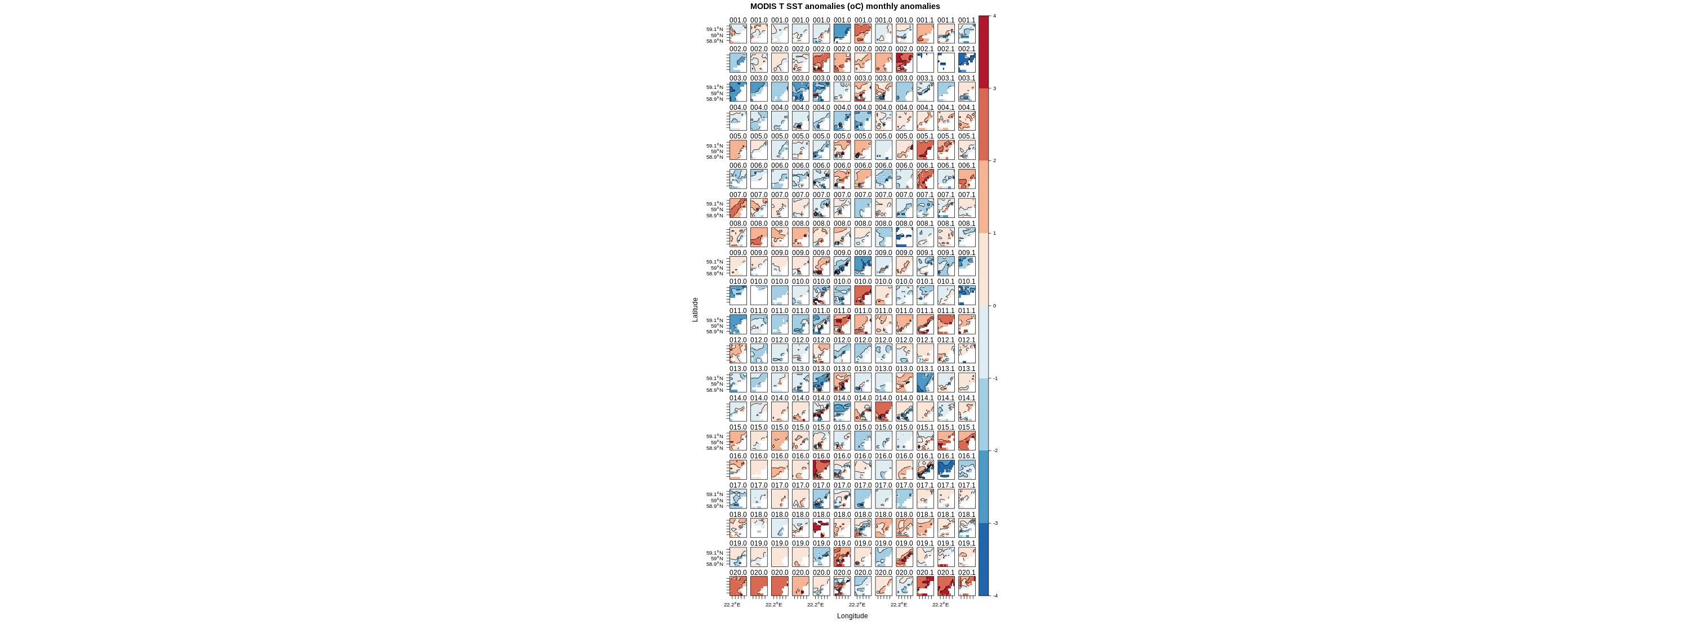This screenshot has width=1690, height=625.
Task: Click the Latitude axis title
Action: (695, 310)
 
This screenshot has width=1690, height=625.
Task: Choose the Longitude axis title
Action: (852, 616)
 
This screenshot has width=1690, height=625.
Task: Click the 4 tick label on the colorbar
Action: (995, 16)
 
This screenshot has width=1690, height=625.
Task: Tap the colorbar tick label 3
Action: (995, 88)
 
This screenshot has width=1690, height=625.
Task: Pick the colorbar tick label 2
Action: (995, 160)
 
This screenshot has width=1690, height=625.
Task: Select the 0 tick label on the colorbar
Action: (995, 306)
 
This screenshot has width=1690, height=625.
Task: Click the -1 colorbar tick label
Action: (995, 378)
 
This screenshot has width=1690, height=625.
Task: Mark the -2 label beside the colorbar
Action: (995, 450)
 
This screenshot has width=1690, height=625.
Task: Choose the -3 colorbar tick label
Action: (995, 523)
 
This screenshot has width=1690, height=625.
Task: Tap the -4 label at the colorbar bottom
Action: (995, 596)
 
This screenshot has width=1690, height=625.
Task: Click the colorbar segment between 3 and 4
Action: (984, 52)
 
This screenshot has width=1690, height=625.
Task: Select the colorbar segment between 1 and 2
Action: (984, 197)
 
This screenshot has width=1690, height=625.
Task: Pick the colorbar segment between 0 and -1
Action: (984, 342)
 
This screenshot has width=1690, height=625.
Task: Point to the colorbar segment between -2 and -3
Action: (984, 486)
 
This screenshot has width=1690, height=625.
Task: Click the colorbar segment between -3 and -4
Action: (984, 560)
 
